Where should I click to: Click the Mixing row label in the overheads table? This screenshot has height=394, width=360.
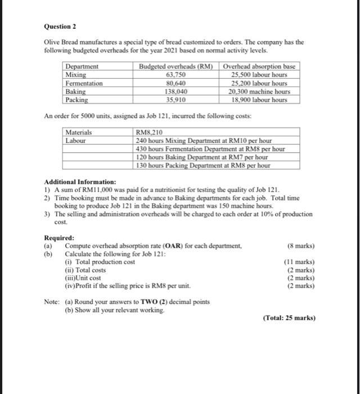coord(76,74)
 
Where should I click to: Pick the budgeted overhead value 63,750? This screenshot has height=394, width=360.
coord(176,74)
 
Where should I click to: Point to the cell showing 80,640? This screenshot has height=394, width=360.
coord(176,83)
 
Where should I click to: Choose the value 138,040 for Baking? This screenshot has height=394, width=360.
coord(176,91)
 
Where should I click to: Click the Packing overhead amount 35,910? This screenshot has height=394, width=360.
coord(176,100)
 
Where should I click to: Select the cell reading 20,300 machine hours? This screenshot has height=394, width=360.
coord(259,91)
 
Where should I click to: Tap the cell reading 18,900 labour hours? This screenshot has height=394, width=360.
coord(259,100)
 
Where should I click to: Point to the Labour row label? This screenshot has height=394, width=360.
coord(76,141)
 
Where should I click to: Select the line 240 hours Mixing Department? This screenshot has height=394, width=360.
coord(204,141)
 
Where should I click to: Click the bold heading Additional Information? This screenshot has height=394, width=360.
coord(80,182)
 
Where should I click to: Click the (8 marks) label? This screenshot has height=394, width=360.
coord(300,246)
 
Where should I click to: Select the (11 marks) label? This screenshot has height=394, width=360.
coord(299,262)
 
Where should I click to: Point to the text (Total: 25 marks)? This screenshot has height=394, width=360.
coord(289,317)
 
